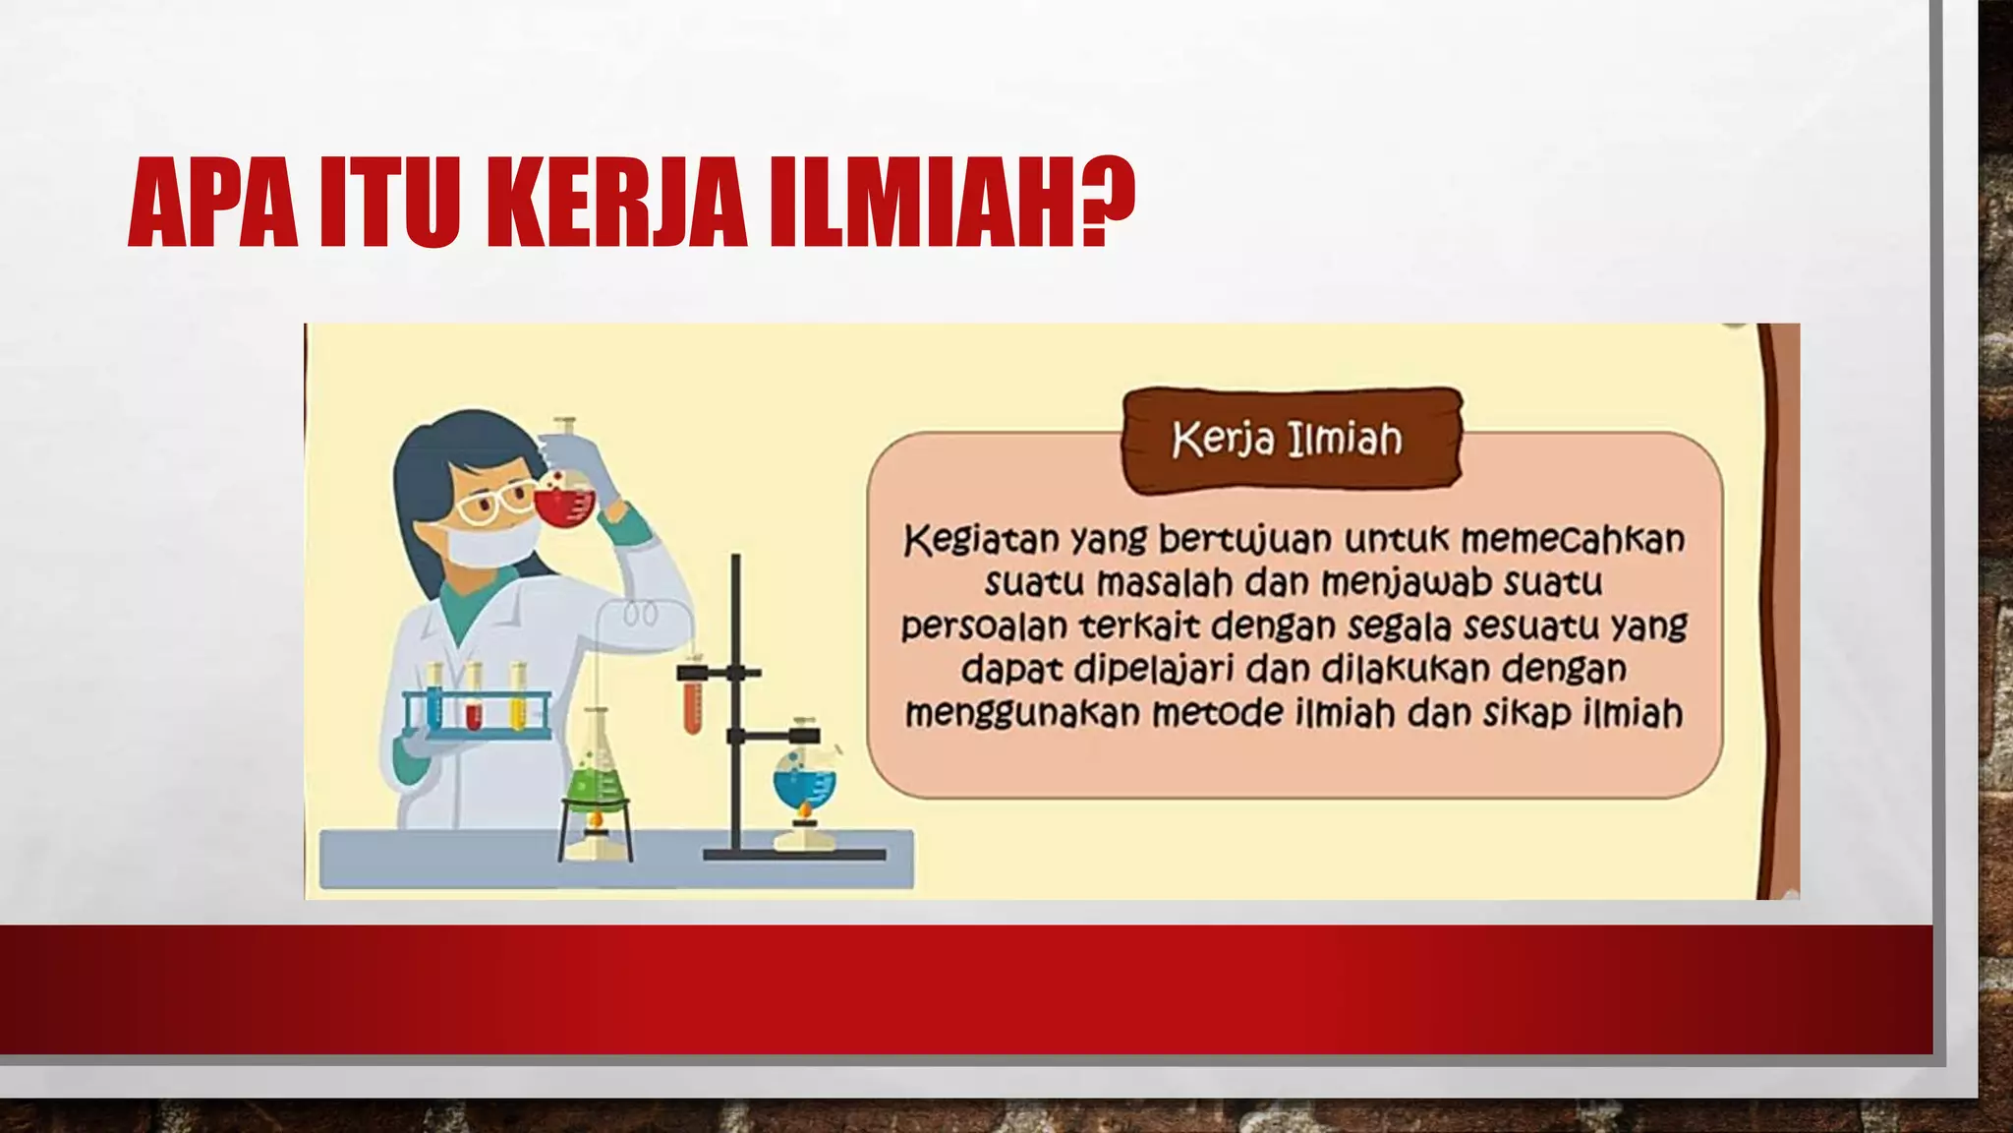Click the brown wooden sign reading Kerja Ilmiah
(1290, 440)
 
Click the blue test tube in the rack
(433, 700)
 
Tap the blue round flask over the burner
(804, 780)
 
